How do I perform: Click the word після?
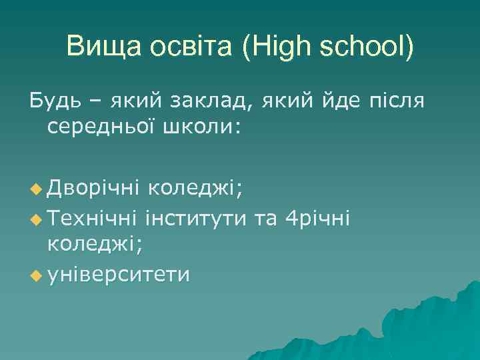[x=395, y=101]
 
